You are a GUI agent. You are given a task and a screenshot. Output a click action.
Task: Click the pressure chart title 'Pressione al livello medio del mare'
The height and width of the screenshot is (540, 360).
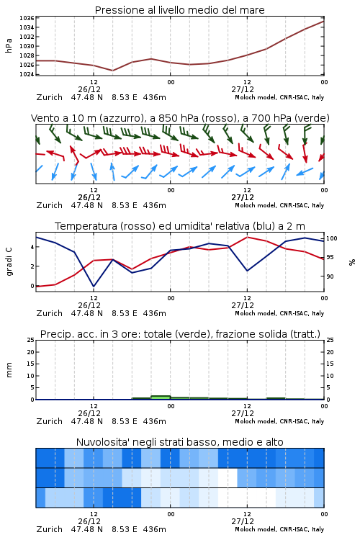pos(179,10)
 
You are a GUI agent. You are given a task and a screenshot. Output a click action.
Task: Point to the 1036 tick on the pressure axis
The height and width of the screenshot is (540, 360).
pos(27,18)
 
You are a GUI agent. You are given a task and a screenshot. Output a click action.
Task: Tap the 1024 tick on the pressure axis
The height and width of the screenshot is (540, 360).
pos(27,74)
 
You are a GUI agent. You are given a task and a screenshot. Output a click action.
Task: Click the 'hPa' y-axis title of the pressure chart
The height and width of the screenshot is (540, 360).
pos(9,45)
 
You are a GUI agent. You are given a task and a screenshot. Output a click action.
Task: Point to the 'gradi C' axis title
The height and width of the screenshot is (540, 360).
pos(9,262)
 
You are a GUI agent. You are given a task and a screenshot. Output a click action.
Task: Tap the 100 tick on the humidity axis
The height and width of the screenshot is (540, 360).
pos(332,238)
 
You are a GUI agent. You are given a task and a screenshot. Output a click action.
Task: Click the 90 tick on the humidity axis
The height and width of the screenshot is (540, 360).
pos(330,276)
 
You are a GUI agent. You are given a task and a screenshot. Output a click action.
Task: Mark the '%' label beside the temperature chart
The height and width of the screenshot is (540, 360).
pos(352,262)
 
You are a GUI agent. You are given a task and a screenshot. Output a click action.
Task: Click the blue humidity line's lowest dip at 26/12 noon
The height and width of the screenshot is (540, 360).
pos(94,286)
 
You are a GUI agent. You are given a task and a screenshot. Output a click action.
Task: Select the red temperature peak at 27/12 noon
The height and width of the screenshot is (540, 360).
pos(247,237)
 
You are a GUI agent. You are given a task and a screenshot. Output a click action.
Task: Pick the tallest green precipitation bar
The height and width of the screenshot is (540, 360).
pos(161,397)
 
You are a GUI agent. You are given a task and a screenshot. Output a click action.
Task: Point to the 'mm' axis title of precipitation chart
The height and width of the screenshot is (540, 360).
pos(9,370)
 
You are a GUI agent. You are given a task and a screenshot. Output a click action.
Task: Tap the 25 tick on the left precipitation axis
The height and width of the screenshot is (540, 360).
pos(31,340)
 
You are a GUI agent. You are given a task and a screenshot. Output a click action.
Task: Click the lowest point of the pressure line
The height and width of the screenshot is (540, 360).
pos(112,71)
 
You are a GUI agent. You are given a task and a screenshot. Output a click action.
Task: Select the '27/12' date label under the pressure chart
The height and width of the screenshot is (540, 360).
pos(243,89)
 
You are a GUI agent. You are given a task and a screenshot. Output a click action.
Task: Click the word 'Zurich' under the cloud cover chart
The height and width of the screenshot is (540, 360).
pos(50,529)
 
